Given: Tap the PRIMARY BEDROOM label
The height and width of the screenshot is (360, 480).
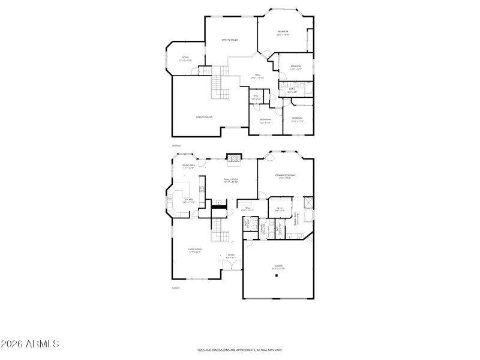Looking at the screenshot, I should point(285,175).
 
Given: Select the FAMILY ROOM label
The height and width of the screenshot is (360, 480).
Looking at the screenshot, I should point(231,179).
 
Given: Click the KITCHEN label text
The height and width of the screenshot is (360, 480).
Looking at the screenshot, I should point(188,200).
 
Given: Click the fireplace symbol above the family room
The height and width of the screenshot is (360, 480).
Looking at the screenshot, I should point(233,158).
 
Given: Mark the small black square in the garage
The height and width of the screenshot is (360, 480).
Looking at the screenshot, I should point(277,276).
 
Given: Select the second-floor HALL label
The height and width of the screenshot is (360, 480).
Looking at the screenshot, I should point(257,76).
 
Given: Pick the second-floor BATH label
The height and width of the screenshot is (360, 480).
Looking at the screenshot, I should point(291,90).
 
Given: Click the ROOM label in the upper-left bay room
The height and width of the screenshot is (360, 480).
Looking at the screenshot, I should point(185,58).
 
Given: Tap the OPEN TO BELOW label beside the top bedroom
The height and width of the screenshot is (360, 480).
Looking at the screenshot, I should point(230,40).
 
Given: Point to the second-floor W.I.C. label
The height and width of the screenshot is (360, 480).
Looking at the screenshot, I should point(256,96).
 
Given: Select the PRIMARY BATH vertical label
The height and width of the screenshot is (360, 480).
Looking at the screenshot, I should point(296,220).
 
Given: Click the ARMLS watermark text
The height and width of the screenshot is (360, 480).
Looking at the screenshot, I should point(30,344).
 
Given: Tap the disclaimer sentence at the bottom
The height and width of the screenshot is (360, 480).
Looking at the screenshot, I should point(239,349).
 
